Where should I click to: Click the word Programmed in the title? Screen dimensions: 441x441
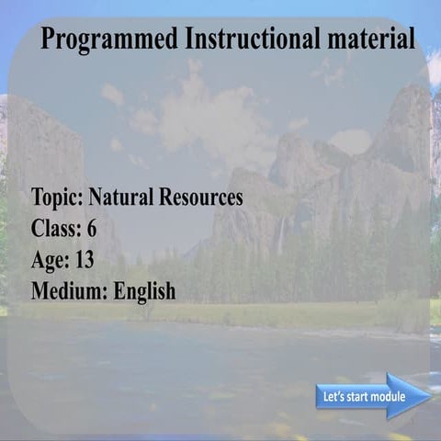[x=109, y=40]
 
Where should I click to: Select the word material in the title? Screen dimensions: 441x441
[x=369, y=40]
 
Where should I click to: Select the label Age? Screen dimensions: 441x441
[x=51, y=260]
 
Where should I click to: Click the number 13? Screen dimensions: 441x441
[x=85, y=260]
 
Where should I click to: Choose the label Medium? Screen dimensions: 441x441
[x=70, y=292]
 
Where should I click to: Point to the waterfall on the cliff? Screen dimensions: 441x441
[x=280, y=236]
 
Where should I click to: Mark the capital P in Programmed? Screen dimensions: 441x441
[x=50, y=40]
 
